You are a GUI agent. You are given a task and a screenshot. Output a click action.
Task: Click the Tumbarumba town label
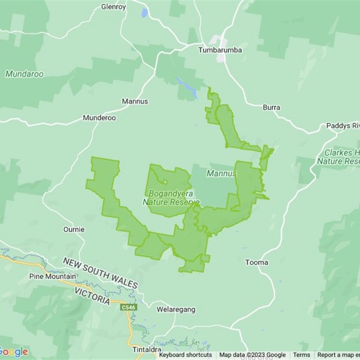tap(220, 50)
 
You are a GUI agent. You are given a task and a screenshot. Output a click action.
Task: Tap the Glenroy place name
tap(113, 7)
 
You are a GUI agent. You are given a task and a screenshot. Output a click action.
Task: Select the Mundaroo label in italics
tap(24, 74)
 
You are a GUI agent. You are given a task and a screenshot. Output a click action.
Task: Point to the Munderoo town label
tap(99, 118)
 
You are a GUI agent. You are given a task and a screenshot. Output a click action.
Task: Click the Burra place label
tap(271, 108)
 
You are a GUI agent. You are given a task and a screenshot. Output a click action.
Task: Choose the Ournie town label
tap(74, 229)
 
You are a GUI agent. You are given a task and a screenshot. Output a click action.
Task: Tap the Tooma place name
tap(256, 262)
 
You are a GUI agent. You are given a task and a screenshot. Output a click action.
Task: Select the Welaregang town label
tap(176, 310)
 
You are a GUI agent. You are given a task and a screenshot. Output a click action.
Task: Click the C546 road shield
tap(128, 307)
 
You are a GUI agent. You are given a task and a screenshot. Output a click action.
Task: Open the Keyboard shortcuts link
tap(185, 355)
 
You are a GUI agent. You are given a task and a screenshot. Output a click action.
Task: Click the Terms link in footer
tap(301, 355)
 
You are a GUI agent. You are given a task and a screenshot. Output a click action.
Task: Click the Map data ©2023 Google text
tap(252, 355)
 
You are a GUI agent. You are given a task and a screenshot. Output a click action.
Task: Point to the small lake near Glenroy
tap(144, 13)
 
